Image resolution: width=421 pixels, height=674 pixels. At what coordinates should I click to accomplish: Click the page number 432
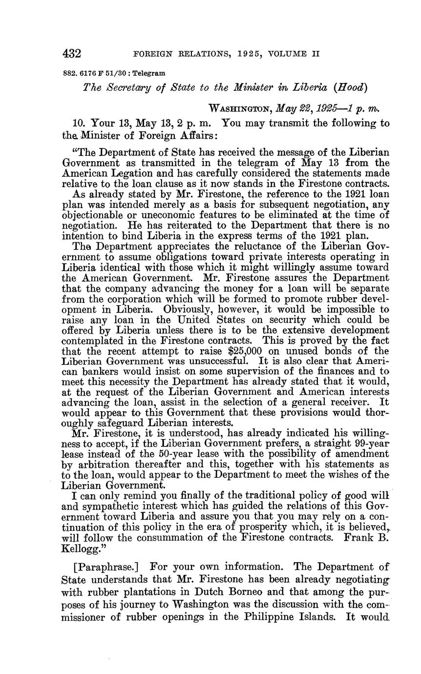(x=71, y=53)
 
